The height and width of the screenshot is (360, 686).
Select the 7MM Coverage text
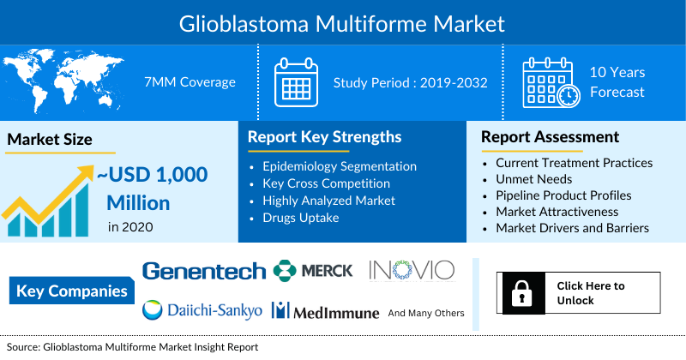coord(190,82)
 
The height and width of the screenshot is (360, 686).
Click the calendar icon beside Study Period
coord(296,82)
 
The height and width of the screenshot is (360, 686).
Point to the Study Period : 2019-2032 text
coord(410,82)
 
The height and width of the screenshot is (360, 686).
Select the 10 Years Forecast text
coord(617,82)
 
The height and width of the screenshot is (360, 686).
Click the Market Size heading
coord(49,139)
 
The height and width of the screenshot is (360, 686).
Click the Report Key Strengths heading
coord(324,137)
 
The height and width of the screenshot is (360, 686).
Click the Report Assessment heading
coord(549,137)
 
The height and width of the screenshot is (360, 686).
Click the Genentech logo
coord(204,271)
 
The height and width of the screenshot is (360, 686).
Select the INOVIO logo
coord(411,270)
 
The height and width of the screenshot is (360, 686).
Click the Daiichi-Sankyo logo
coord(202,310)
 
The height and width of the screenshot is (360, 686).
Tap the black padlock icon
coord(520,293)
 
